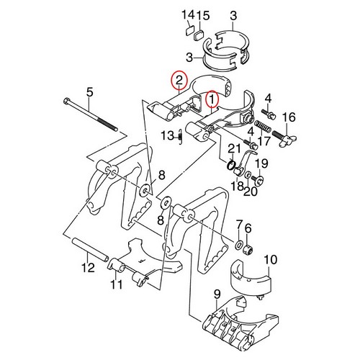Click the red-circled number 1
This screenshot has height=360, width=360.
click(212, 98)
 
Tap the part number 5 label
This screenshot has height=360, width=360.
click(90, 91)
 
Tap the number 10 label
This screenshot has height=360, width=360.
click(271, 259)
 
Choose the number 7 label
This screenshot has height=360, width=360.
click(239, 228)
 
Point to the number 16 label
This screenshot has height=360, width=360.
click(289, 117)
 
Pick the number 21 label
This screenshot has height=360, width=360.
click(233, 148)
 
